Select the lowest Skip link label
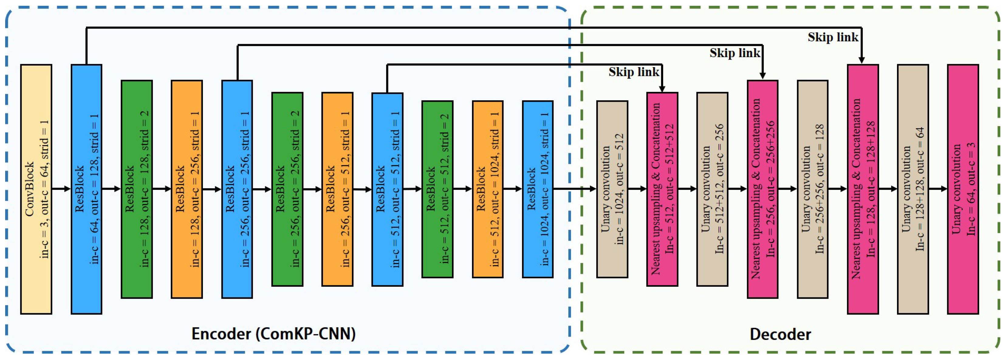tap(634, 72)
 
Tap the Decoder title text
tap(780, 334)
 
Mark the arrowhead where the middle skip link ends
tap(762, 75)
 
